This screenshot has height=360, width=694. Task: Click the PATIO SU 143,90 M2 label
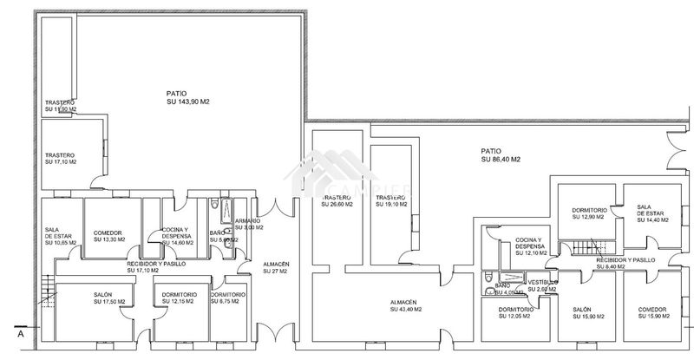click(x=188, y=97)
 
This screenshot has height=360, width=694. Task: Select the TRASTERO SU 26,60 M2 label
click(x=337, y=202)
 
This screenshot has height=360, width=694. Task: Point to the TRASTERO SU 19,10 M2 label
click(x=391, y=202)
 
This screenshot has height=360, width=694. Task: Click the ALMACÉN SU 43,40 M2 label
click(x=407, y=305)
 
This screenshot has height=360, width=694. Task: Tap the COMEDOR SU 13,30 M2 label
click(x=109, y=236)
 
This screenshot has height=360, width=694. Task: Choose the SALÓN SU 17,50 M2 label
click(x=109, y=298)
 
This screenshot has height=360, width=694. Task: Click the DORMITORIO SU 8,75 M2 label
click(x=228, y=298)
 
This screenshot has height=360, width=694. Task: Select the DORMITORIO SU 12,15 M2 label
click(x=178, y=298)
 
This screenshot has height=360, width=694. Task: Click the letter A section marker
click(x=18, y=332)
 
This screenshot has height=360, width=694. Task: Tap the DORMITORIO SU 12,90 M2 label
click(x=589, y=215)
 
